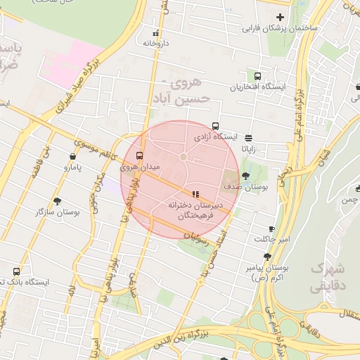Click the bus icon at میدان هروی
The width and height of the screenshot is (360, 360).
[x=139, y=155]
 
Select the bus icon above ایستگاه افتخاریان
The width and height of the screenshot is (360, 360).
[x=258, y=76]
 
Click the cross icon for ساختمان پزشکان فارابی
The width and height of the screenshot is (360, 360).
[x=281, y=17]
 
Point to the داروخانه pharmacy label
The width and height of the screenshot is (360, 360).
[x=157, y=43]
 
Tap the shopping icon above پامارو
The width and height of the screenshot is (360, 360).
[x=73, y=157]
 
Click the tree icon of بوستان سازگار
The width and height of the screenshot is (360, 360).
[x=58, y=200]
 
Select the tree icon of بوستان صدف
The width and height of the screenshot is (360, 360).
[x=245, y=176]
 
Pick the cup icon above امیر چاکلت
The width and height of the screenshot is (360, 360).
[x=272, y=229]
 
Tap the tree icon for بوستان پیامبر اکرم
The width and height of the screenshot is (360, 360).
[x=267, y=257]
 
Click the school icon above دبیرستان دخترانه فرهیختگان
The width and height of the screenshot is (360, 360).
[x=195, y=193]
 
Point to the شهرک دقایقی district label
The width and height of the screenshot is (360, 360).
[x=328, y=277]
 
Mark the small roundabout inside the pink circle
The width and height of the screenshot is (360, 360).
[x=183, y=156]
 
